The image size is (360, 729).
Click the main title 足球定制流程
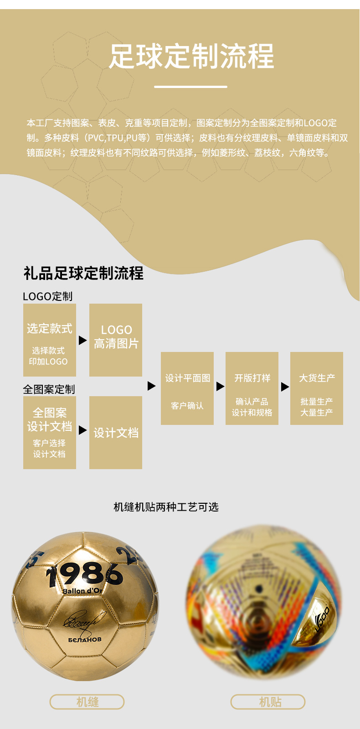[191, 57]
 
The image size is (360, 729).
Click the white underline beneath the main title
[190, 86]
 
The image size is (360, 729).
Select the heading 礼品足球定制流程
[83, 273]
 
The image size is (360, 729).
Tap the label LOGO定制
[47, 296]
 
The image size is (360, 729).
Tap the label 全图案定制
[49, 389]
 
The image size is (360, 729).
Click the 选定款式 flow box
[49, 340]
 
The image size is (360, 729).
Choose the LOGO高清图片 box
[116, 340]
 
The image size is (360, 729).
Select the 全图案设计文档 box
[49, 432]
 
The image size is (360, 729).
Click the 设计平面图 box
[187, 388]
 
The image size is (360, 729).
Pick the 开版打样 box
[252, 388]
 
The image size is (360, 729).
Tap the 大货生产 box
[317, 388]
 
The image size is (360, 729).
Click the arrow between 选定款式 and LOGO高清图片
[82, 340]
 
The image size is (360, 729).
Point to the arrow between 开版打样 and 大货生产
[285, 387]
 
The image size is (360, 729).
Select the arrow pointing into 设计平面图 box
[152, 386]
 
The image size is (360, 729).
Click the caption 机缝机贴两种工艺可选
[166, 507]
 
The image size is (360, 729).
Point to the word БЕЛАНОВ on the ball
[85, 640]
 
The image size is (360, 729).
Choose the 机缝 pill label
[87, 702]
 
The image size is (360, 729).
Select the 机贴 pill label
[268, 702]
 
